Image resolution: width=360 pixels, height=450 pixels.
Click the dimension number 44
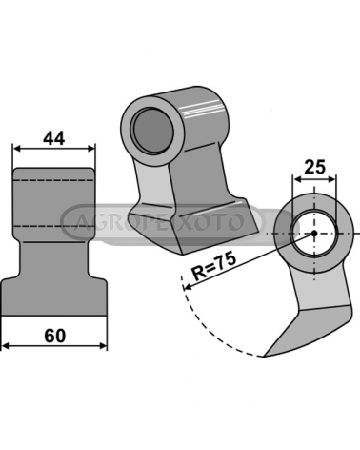[53, 138]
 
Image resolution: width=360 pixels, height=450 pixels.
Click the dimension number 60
[54, 336]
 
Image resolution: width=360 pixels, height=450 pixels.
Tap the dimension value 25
[314, 167]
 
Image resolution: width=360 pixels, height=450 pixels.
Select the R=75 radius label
[214, 266]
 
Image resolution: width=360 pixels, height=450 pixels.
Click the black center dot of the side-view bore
[314, 234]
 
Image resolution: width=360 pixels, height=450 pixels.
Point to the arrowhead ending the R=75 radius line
[187, 287]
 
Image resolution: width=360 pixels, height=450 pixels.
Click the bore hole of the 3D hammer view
[153, 130]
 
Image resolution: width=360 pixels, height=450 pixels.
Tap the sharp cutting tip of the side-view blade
[264, 357]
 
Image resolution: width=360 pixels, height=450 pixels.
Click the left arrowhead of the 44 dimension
[16, 148]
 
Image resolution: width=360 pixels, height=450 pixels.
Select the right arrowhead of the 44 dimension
[90, 148]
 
